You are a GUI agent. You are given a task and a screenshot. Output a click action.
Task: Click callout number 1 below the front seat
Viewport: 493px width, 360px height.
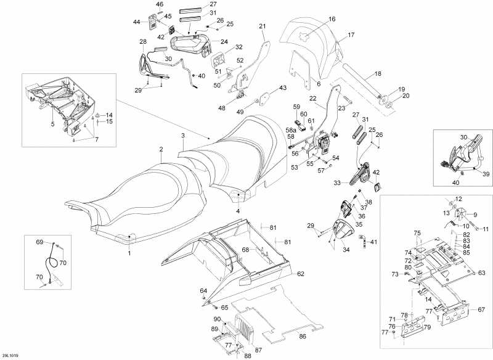tap(129, 253)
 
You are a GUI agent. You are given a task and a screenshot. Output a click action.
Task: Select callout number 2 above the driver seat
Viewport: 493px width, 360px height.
tap(161, 149)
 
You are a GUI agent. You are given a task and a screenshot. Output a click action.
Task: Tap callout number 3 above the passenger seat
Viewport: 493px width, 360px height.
tap(182, 135)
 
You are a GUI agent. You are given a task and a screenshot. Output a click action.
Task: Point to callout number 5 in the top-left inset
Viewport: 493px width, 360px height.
tap(52, 124)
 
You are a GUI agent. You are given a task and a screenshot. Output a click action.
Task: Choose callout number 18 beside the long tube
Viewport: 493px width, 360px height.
tap(378, 73)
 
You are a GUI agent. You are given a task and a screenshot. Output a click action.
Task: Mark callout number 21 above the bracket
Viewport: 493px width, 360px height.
tap(262, 26)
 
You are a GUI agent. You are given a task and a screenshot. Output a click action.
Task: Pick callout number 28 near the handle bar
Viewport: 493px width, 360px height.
tap(142, 41)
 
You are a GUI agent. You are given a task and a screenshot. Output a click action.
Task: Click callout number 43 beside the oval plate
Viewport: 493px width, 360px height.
tap(283, 88)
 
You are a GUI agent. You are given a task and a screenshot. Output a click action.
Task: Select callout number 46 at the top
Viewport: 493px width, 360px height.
tap(160, 4)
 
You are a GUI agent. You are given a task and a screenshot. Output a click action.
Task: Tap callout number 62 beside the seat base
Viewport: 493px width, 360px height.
tap(301, 273)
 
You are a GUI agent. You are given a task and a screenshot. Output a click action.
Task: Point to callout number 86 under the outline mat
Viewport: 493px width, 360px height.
tap(302, 336)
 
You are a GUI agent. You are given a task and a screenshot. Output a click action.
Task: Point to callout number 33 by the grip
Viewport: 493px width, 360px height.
tap(338, 182)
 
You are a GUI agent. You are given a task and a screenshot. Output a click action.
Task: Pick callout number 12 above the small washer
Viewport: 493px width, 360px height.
tap(458, 198)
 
